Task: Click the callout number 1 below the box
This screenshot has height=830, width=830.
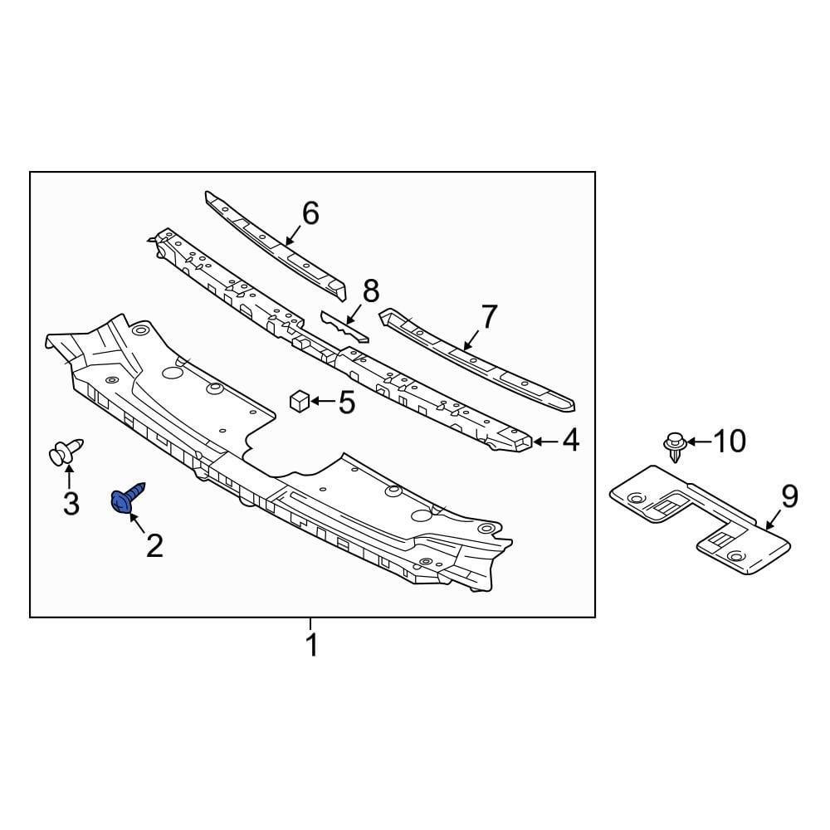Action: tap(312, 645)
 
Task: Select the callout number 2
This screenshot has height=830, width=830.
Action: tap(154, 545)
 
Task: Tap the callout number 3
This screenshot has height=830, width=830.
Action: tap(71, 502)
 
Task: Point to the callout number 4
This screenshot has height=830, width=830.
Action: tap(570, 441)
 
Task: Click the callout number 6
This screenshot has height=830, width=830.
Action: tap(310, 213)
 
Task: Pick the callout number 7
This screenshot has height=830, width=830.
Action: tap(489, 316)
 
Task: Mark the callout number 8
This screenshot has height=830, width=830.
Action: tap(370, 290)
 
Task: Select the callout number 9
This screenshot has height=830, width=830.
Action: tap(788, 496)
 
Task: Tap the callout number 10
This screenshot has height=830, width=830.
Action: tap(730, 442)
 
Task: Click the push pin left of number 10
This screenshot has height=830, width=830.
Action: tap(676, 447)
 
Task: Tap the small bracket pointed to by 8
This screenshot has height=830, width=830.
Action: tap(344, 325)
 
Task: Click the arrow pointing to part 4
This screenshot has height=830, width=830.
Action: tap(544, 441)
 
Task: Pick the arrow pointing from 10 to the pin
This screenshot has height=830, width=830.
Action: tap(698, 442)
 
